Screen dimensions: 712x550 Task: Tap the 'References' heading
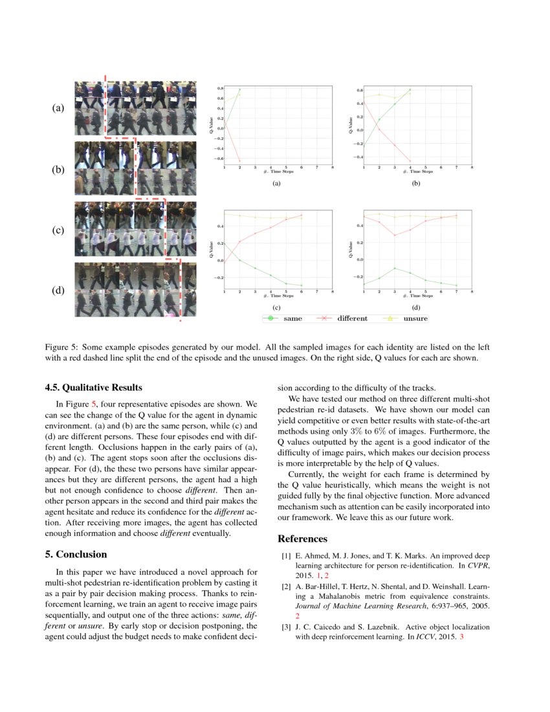pyautogui.click(x=302, y=539)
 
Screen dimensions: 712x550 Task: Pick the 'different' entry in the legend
pyautogui.click(x=343, y=318)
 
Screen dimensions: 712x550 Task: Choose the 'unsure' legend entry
pyautogui.click(x=406, y=318)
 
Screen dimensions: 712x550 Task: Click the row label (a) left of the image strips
pyautogui.click(x=58, y=109)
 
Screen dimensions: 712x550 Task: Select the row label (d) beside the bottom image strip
pyautogui.click(x=58, y=291)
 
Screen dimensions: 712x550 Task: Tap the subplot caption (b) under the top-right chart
pyautogui.click(x=416, y=184)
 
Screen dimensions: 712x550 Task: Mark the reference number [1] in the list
pyautogui.click(x=285, y=556)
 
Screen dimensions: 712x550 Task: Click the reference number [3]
pyautogui.click(x=285, y=627)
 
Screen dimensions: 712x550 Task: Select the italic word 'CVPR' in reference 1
pyautogui.click(x=477, y=566)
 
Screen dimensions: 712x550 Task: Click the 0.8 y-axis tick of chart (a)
pyautogui.click(x=220, y=88)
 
